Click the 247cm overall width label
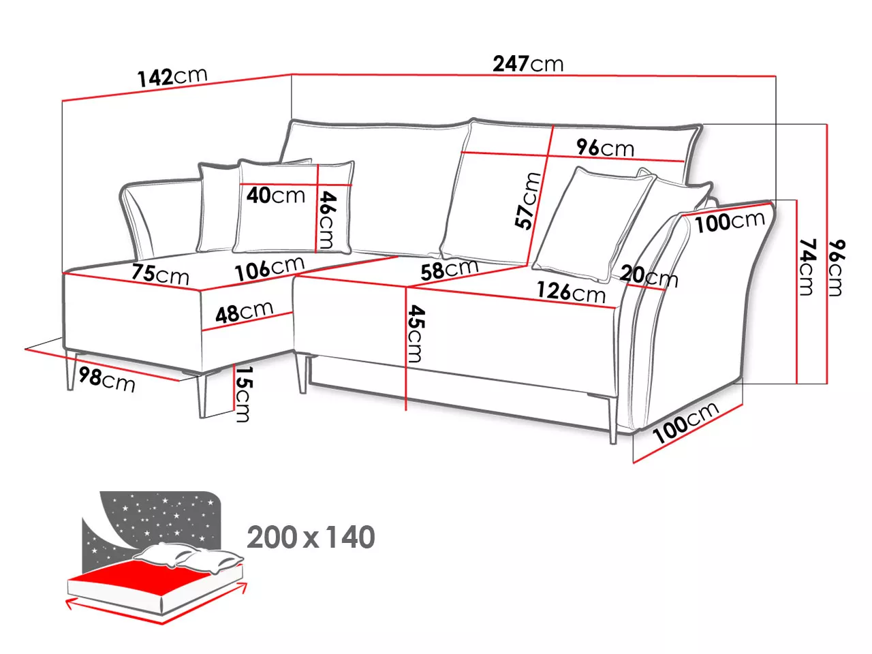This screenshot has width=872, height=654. pyautogui.click(x=528, y=63)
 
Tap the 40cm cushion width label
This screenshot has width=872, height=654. pyautogui.click(x=276, y=196)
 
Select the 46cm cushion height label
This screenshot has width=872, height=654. pyautogui.click(x=328, y=220)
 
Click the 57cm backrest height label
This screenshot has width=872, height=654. pyautogui.click(x=527, y=201)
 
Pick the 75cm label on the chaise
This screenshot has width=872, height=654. pyautogui.click(x=160, y=274)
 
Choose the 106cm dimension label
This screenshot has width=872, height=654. pyautogui.click(x=270, y=268)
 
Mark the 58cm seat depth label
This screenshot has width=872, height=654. pyautogui.click(x=450, y=270)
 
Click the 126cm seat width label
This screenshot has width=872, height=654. pyautogui.click(x=571, y=292)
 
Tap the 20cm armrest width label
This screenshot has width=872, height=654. pyautogui.click(x=649, y=275)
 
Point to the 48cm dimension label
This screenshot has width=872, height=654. pyautogui.click(x=245, y=311)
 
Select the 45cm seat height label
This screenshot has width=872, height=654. pyautogui.click(x=416, y=334)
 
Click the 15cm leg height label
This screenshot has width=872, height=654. pyautogui.click(x=243, y=393)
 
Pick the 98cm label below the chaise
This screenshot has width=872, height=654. pyautogui.click(x=107, y=379)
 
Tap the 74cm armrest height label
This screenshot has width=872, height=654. pyautogui.click(x=807, y=267)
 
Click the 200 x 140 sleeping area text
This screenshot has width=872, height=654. pyautogui.click(x=311, y=537)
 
